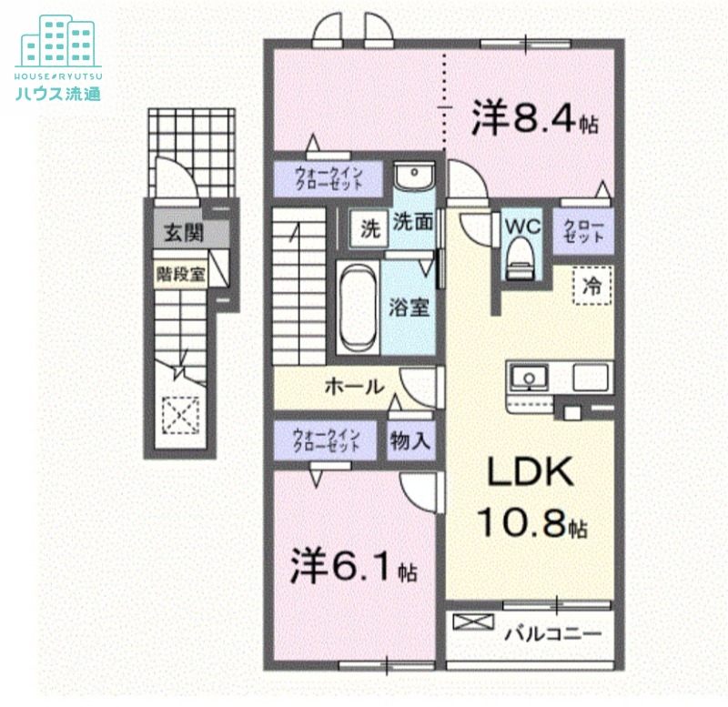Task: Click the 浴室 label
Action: coord(409,307)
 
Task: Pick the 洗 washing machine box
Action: coord(369,228)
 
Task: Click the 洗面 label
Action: coord(411,221)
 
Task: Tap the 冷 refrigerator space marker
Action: coord(591,285)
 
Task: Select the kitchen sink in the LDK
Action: coord(528,376)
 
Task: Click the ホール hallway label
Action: coord(353,387)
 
